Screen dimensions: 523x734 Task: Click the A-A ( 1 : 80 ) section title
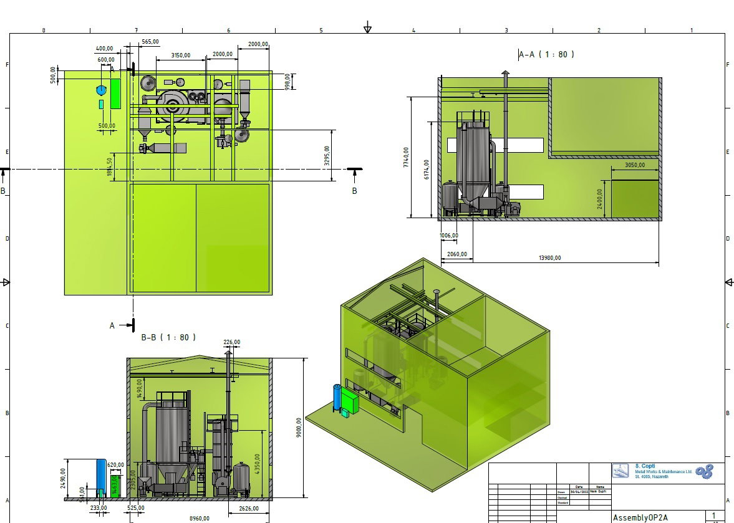[x=547, y=54]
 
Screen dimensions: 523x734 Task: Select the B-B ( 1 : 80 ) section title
[x=168, y=337]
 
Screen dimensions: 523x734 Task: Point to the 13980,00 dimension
[x=549, y=258]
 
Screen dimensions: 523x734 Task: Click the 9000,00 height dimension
[x=299, y=428]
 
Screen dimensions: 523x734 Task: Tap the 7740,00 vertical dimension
[x=407, y=157]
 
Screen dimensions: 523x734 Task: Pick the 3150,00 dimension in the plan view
[x=180, y=55]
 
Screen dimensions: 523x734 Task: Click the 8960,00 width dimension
[x=200, y=518]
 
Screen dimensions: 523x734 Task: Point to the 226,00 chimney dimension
[x=231, y=342]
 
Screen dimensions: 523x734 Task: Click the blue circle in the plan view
[x=102, y=90]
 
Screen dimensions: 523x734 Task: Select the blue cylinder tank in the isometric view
[x=337, y=397]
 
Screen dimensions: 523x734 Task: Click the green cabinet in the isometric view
[x=350, y=401]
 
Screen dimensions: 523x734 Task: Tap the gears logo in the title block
[x=704, y=472]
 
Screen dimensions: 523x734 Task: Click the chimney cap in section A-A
[x=506, y=74]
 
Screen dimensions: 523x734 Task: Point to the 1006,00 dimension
[x=448, y=235]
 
